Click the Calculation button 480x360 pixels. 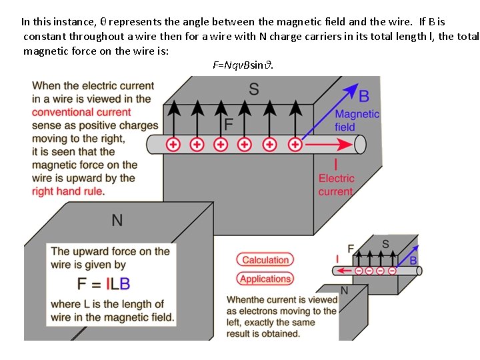point(265,260)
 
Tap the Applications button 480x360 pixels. point(265,279)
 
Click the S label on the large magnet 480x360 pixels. point(253,89)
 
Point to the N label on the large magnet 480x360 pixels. point(117,220)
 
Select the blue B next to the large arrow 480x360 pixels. point(364,97)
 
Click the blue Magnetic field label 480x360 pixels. point(356,121)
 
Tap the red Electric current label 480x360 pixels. point(336,185)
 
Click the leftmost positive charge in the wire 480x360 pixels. point(173,144)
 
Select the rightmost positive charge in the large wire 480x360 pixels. point(294,144)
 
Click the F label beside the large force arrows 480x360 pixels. point(229,125)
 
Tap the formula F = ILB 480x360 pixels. point(103,283)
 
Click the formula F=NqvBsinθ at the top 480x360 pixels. point(243,65)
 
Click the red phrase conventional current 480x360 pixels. point(81,112)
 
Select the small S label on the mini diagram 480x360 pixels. point(385,244)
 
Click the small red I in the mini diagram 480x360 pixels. point(338,258)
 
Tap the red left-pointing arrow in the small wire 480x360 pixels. point(344,271)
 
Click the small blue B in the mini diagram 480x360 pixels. point(413,261)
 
